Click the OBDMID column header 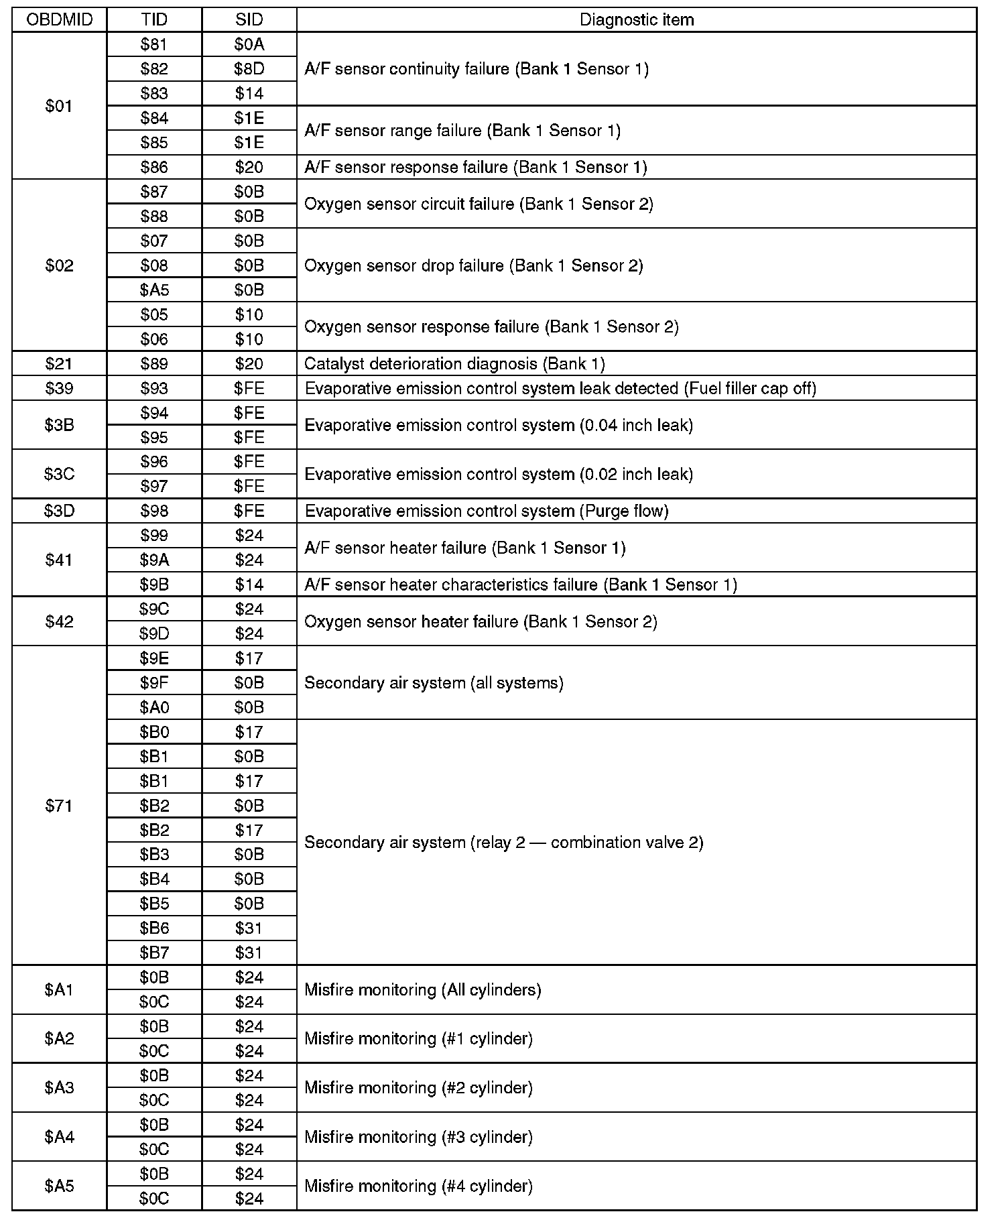pos(59,19)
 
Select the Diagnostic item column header pos(636,19)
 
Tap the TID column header pos(154,19)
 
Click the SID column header pos(249,19)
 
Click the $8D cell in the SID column pos(249,69)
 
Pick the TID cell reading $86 pos(154,167)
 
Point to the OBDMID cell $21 pos(59,364)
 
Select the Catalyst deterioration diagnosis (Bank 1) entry pos(454,364)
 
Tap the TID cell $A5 pos(154,290)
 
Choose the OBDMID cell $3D pos(59,511)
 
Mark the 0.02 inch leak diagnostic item pos(499,475)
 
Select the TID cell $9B pos(154,585)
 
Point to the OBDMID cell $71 pos(59,806)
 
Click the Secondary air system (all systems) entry pos(434,683)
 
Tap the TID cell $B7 pos(154,953)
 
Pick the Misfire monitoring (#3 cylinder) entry pos(418,1137)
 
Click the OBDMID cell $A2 pos(59,1038)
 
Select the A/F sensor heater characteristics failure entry pos(521,585)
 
